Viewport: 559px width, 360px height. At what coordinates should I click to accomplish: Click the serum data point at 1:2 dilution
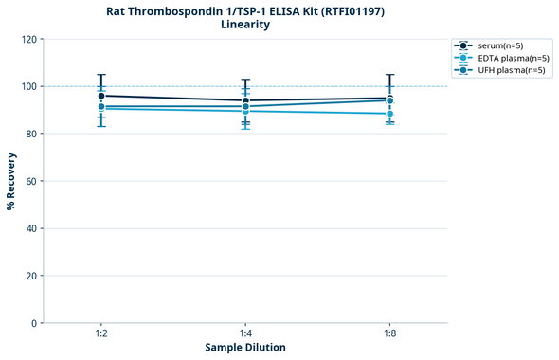[101, 96]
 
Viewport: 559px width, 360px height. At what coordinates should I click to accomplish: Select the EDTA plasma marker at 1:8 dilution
[389, 114]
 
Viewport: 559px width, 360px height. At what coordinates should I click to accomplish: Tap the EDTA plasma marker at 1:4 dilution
[245, 111]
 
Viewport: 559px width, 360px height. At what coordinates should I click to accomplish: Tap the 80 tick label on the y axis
[32, 134]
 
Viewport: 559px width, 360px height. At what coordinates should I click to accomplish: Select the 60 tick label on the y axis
[32, 181]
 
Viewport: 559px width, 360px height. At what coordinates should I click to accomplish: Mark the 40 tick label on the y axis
[32, 228]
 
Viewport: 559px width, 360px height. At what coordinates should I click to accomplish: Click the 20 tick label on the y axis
[32, 276]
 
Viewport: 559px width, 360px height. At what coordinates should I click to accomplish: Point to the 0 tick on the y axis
[35, 323]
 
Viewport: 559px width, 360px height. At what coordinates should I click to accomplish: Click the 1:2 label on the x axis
[101, 334]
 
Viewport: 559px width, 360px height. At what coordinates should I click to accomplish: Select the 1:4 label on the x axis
[245, 334]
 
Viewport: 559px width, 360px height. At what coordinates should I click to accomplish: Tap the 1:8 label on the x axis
[389, 334]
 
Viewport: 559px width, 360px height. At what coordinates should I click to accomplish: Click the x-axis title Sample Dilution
[245, 348]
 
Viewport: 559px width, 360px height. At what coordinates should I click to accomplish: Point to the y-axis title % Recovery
[11, 180]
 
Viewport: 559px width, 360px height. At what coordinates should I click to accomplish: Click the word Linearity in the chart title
[244, 25]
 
